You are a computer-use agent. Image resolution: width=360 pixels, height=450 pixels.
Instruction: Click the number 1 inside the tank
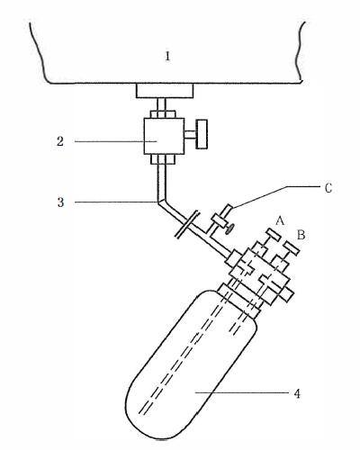[167, 57]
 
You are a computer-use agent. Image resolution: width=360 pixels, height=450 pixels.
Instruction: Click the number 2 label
[60, 141]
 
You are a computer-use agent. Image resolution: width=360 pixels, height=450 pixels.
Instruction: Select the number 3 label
[60, 202]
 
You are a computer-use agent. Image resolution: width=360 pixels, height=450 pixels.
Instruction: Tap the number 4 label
[297, 393]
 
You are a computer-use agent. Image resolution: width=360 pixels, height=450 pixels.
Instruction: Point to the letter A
[280, 221]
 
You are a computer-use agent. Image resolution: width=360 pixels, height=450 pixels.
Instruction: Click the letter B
[301, 235]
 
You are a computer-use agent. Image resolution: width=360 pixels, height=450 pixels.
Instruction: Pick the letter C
[328, 188]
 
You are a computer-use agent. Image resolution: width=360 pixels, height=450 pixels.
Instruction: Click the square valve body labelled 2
[164, 136]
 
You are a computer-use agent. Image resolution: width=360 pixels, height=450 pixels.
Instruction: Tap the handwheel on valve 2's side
[202, 134]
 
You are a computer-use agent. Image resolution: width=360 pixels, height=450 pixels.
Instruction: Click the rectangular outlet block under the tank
[165, 91]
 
